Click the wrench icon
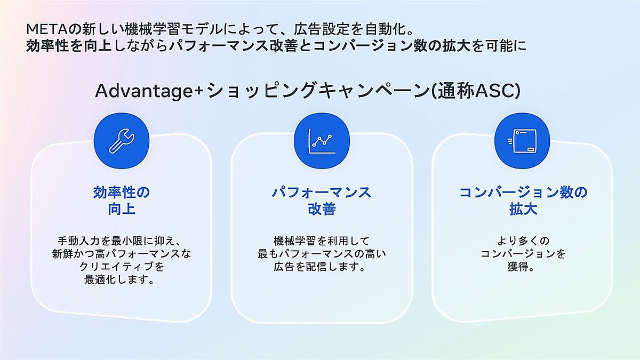(122, 141)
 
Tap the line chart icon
(322, 141)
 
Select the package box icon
(522, 141)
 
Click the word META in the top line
(47, 29)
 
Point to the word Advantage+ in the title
(149, 91)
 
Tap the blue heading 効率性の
(122, 193)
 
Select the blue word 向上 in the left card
(122, 209)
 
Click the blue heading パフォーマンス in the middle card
(322, 193)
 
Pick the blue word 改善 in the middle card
(322, 209)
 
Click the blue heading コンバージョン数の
(523, 193)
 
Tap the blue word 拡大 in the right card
(523, 209)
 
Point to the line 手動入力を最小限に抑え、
(119, 241)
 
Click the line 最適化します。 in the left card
(119, 279)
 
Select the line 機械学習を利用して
(322, 241)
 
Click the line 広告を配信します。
(320, 267)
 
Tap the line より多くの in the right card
(523, 241)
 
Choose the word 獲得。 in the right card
(521, 267)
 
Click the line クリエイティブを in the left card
(122, 267)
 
